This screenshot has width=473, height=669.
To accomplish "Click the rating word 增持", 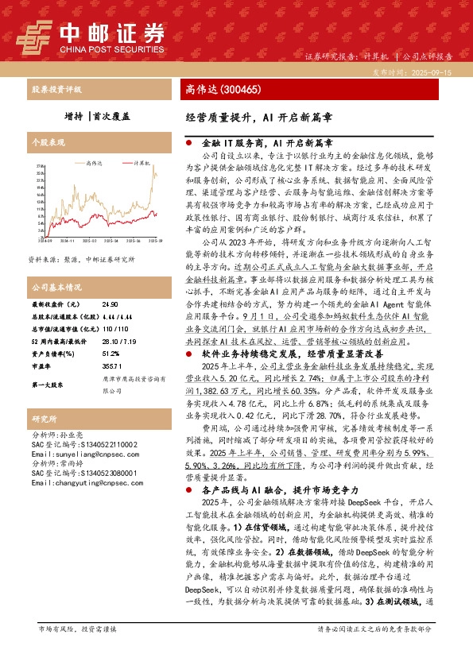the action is [75, 115].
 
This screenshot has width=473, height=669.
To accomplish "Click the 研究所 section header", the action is [43, 418].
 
